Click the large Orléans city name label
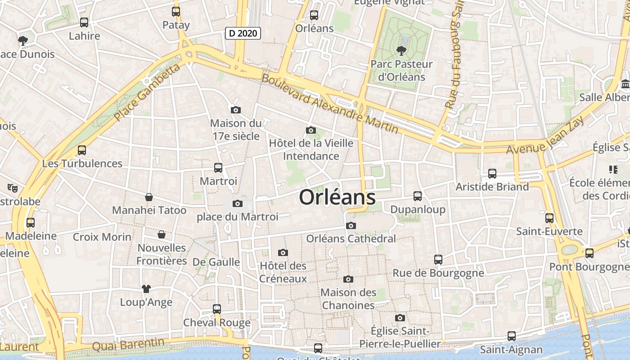pyautogui.click(x=337, y=197)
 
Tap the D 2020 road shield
pyautogui.click(x=243, y=33)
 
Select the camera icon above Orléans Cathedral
pyautogui.click(x=351, y=225)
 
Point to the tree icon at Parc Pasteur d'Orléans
pyautogui.click(x=400, y=51)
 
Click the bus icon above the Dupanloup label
pyautogui.click(x=418, y=196)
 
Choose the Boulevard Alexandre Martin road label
pyautogui.click(x=330, y=103)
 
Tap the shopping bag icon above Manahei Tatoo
pyautogui.click(x=149, y=197)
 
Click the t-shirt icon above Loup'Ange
pyautogui.click(x=146, y=288)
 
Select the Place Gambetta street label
pyautogui.click(x=147, y=92)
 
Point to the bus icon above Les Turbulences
pyautogui.click(x=82, y=150)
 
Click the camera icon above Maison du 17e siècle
pyautogui.click(x=235, y=110)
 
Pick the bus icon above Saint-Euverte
pyautogui.click(x=549, y=218)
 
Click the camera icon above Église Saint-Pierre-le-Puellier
pyautogui.click(x=400, y=318)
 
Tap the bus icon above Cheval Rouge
pyautogui.click(x=217, y=309)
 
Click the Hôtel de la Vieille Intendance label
pyautogui.click(x=311, y=149)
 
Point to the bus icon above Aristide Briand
pyautogui.click(x=492, y=173)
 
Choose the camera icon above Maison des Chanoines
pyautogui.click(x=348, y=279)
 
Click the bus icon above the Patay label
pyautogui.click(x=176, y=12)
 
